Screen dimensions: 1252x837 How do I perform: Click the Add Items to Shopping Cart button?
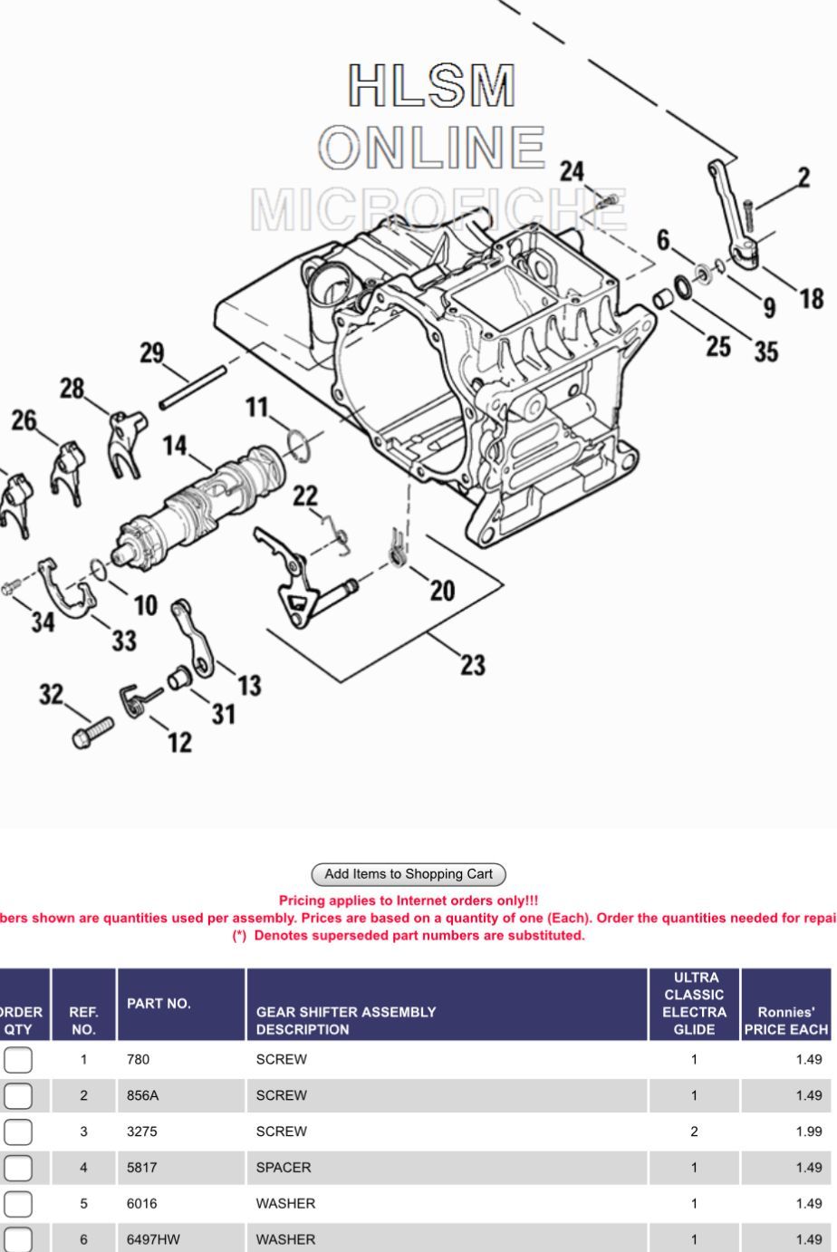[408, 874]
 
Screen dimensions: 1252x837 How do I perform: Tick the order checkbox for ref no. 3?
[18, 1132]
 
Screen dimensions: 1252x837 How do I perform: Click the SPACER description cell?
[284, 1168]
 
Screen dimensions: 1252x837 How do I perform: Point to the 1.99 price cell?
[808, 1132]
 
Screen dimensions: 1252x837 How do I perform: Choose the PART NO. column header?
[159, 1004]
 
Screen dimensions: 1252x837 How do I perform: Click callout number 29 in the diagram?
[151, 352]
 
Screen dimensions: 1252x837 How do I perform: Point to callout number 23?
[473, 666]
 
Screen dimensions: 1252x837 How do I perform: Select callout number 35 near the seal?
[766, 352]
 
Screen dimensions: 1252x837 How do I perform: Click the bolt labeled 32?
[92, 729]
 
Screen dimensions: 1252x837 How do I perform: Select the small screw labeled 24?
[611, 198]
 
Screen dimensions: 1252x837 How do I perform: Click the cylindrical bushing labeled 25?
[664, 299]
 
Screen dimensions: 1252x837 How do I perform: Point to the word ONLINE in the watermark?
[433, 147]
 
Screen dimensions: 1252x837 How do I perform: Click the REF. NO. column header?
[83, 1021]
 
